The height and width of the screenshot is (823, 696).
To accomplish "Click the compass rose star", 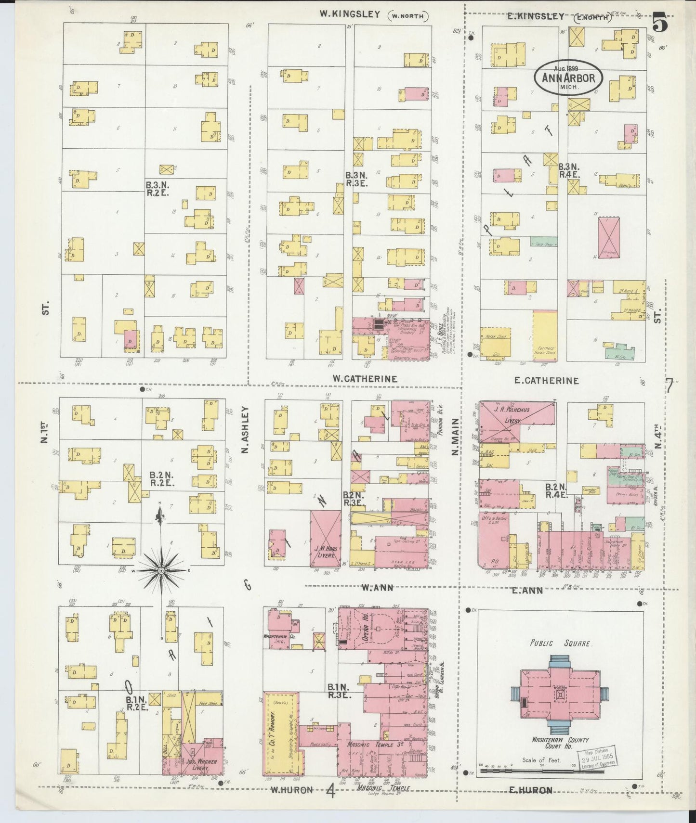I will pos(161,570).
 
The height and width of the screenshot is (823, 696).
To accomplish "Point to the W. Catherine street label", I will pos(365,379).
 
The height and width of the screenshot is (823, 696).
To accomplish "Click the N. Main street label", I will pos(455,437).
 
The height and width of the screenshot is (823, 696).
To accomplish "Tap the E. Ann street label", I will pos(527,590).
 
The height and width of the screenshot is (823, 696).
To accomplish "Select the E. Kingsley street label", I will pos(535,16).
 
